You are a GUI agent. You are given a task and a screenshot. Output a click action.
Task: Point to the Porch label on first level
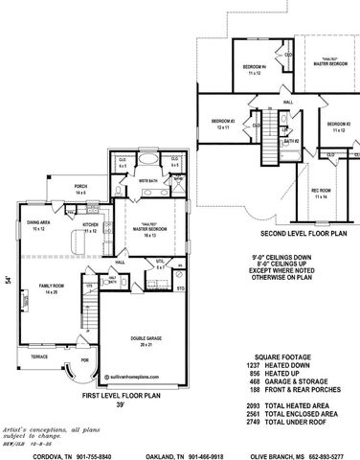click(x=80, y=190)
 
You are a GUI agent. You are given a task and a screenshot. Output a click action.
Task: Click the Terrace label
click(x=38, y=356)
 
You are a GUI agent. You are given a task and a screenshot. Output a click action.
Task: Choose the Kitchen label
click(x=91, y=228)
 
